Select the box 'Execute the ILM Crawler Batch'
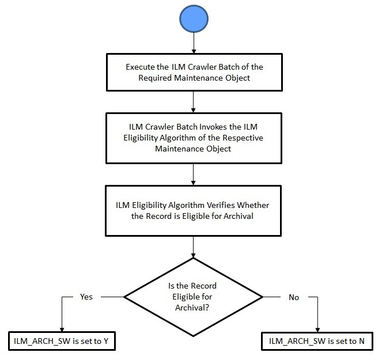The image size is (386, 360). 193,73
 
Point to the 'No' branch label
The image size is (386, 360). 293,297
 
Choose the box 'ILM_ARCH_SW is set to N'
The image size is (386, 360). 317,341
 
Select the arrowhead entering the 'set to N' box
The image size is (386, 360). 317,329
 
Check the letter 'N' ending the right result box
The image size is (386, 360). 362,341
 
